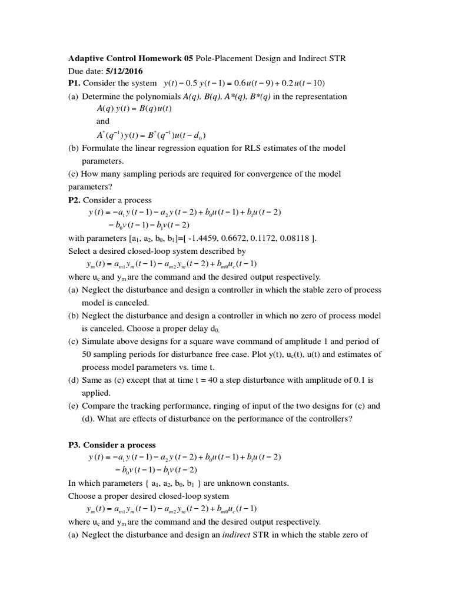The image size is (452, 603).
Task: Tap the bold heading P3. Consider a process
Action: tap(112, 445)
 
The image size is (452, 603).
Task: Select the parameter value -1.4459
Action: tap(188, 238)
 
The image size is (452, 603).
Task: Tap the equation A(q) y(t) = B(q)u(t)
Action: tap(134, 109)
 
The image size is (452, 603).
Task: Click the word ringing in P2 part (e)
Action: tap(215, 406)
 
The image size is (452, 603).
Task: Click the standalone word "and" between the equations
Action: tap(103, 121)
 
